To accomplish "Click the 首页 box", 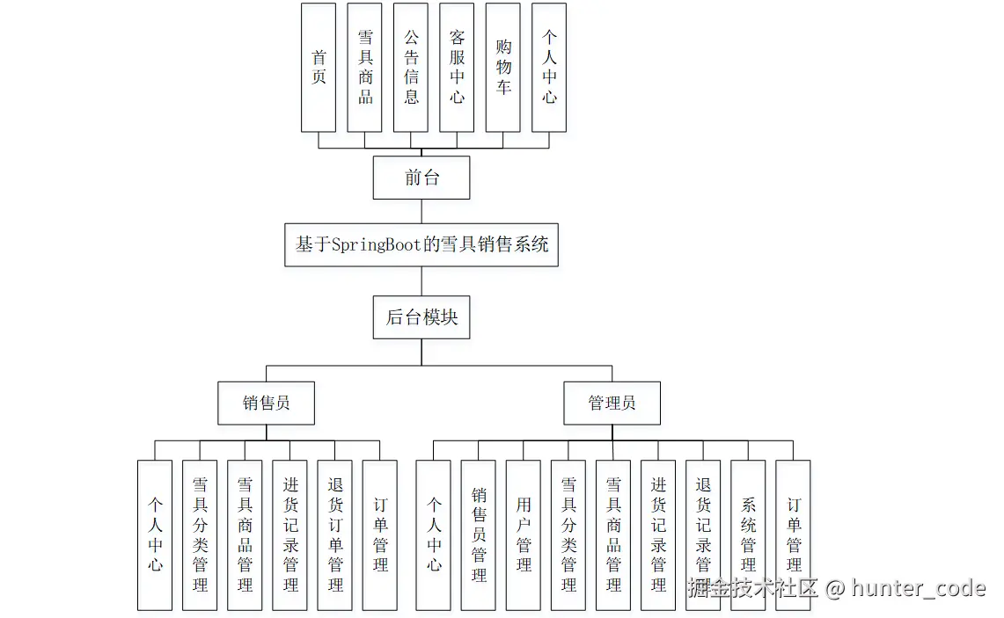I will click(319, 68).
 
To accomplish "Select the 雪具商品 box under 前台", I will click(365, 68).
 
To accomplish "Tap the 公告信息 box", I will click(411, 68).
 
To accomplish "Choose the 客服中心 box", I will click(457, 68).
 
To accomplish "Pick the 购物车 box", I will click(503, 68).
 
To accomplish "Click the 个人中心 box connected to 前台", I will click(549, 68).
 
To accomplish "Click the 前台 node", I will click(421, 178).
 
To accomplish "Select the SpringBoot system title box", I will click(421, 244).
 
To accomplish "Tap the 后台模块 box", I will click(421, 317).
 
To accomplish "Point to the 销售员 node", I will click(267, 404).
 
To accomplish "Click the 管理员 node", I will click(612, 404).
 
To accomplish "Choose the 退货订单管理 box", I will click(335, 534).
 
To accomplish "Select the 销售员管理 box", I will click(479, 534).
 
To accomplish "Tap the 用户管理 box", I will click(524, 534).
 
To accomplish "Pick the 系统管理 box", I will click(748, 534).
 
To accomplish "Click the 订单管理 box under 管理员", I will click(793, 534).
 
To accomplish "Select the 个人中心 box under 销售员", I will click(155, 534).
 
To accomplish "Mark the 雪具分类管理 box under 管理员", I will click(568, 534).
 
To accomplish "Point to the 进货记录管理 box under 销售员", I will click(290, 534).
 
